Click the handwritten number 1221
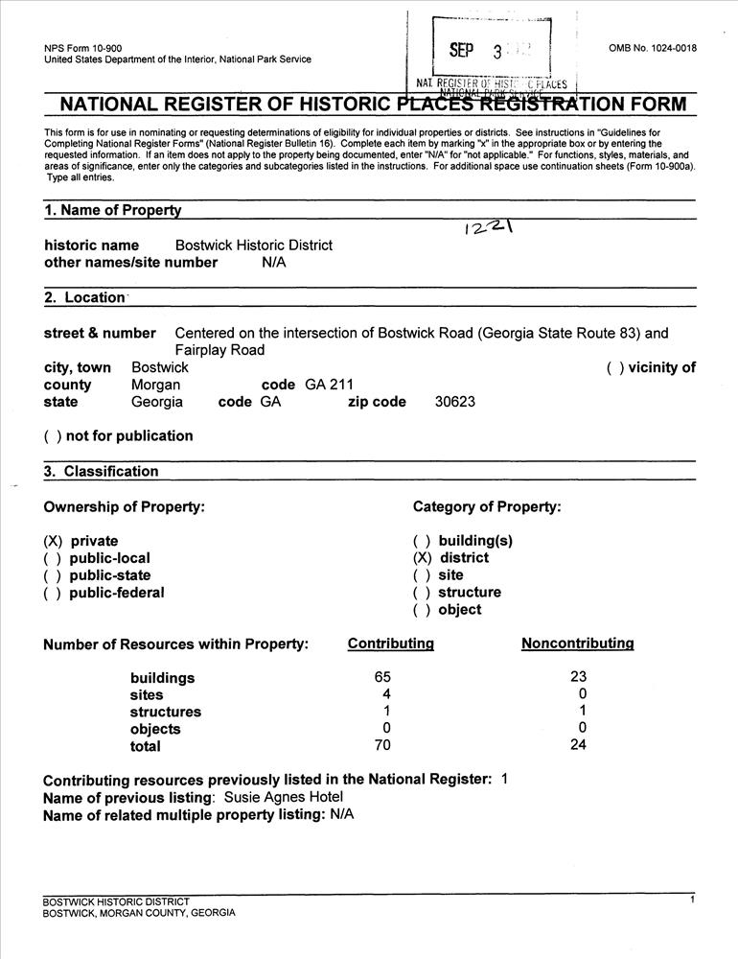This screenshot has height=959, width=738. click(x=486, y=226)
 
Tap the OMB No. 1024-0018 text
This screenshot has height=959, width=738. click(x=653, y=49)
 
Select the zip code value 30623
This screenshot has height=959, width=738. click(x=454, y=402)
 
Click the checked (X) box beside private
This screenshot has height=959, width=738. click(x=53, y=541)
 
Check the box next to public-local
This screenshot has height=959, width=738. click(x=53, y=558)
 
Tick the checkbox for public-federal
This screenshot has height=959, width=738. click(x=53, y=593)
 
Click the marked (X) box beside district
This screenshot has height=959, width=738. click(x=423, y=558)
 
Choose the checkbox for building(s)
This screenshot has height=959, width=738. click(x=423, y=541)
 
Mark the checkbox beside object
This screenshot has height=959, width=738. click(x=423, y=610)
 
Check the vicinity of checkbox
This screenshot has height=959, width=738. click(x=615, y=367)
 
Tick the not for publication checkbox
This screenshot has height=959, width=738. click(x=53, y=436)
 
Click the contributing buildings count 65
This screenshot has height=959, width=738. click(x=383, y=677)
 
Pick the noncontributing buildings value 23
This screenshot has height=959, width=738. click(x=577, y=677)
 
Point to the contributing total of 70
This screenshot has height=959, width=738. click(x=383, y=745)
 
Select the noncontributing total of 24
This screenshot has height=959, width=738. click(x=577, y=745)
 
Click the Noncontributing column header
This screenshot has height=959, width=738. click(x=577, y=643)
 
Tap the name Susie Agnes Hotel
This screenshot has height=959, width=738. click(x=283, y=797)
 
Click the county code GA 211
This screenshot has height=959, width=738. click(x=329, y=385)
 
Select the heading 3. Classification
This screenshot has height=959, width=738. click(x=101, y=471)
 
